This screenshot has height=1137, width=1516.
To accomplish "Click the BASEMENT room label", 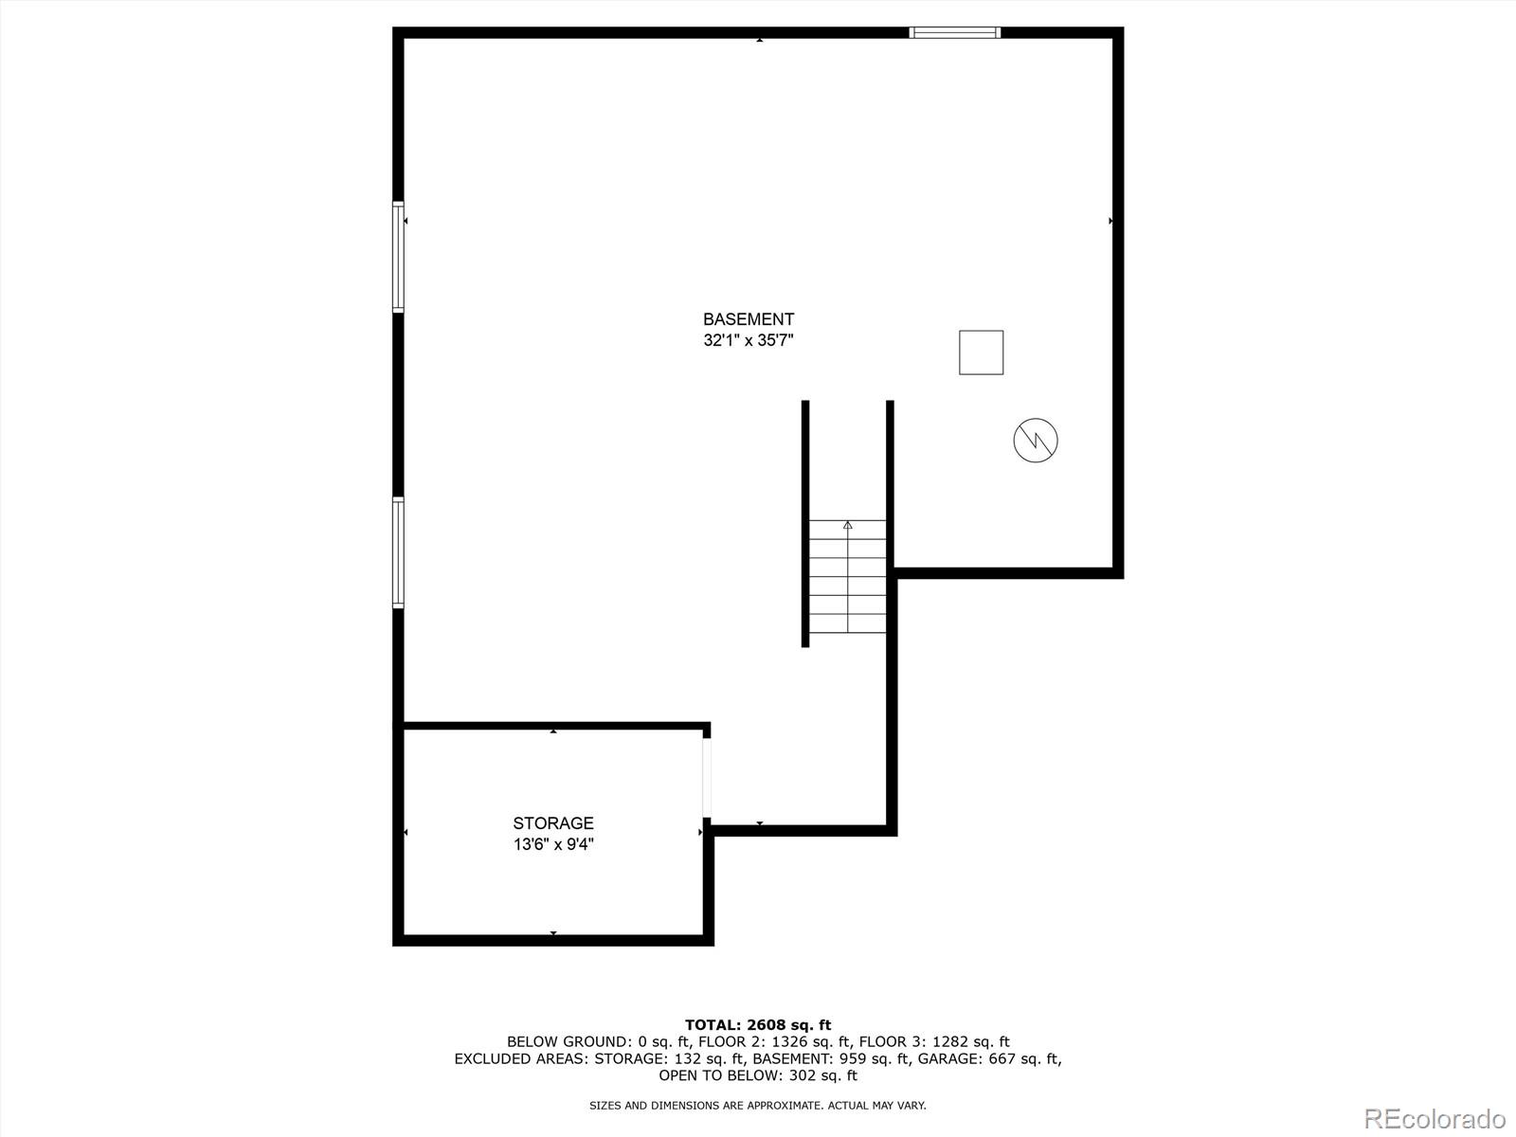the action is pyautogui.click(x=749, y=319).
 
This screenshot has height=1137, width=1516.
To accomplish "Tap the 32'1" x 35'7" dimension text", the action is pyautogui.click(x=749, y=340).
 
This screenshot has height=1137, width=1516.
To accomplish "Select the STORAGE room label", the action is pyautogui.click(x=553, y=822).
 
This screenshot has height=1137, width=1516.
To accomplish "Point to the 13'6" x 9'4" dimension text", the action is pyautogui.click(x=553, y=843).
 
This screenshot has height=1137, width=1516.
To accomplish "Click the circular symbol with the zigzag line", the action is pyautogui.click(x=1036, y=441).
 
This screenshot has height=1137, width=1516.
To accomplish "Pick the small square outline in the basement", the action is pyautogui.click(x=981, y=352).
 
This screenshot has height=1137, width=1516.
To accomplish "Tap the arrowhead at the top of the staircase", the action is pyautogui.click(x=847, y=525).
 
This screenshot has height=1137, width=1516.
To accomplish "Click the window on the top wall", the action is pyautogui.click(x=954, y=32).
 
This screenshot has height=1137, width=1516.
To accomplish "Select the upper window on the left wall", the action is pyautogui.click(x=399, y=257).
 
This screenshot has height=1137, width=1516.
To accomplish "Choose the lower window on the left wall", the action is pyautogui.click(x=399, y=552).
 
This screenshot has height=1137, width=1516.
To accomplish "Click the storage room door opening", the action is pyautogui.click(x=707, y=778).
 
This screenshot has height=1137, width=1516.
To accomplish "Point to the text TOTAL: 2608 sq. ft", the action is pyautogui.click(x=758, y=1025).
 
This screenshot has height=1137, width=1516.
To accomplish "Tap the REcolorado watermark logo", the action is pyautogui.click(x=1435, y=1118).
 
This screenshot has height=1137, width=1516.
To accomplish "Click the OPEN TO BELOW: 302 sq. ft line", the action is pyautogui.click(x=758, y=1075).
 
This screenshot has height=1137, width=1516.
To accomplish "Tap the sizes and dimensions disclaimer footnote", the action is pyautogui.click(x=758, y=1105).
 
